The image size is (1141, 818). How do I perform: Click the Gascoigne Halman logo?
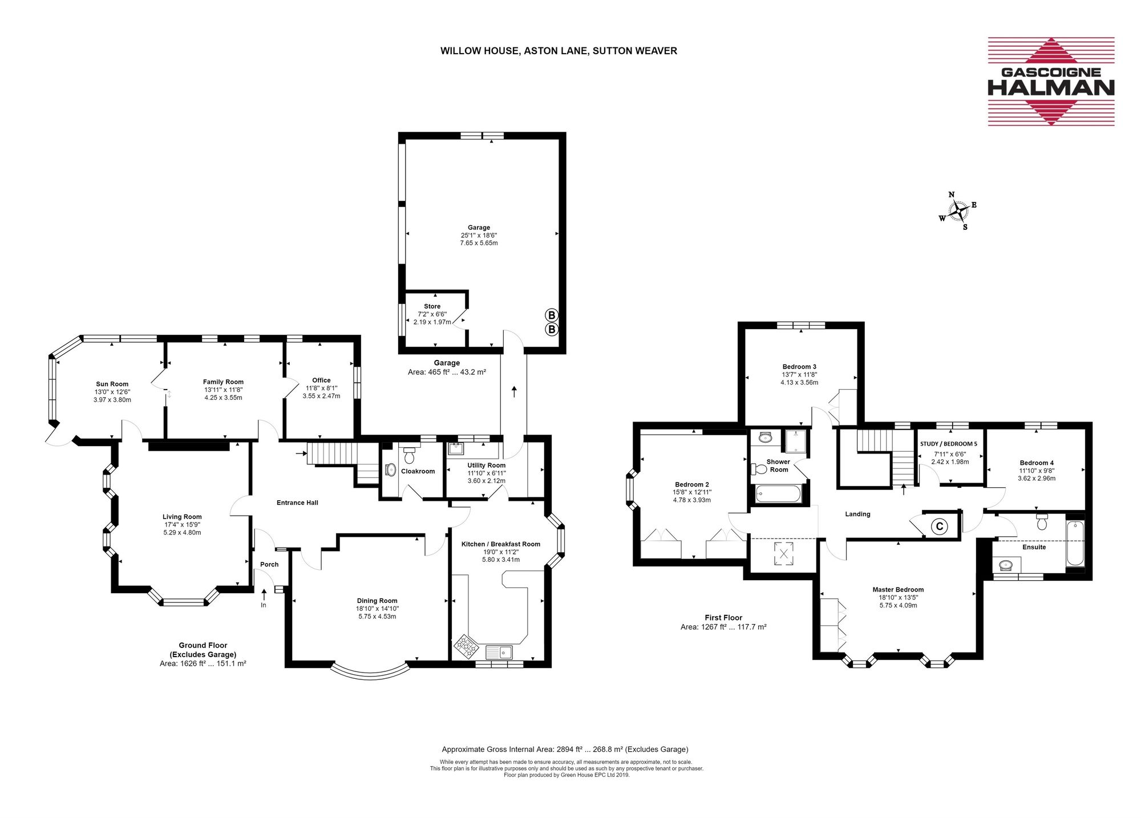click(1051, 82)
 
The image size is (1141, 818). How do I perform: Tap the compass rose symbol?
click(958, 212)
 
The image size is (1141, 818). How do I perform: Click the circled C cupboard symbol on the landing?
click(939, 527)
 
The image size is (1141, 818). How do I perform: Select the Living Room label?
click(182, 517)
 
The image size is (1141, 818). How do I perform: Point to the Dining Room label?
click(377, 601)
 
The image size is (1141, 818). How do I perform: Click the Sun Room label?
click(112, 384)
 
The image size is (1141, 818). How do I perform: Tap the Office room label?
click(321, 380)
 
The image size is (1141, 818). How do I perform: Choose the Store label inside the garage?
click(432, 306)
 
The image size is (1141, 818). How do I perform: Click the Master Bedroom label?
click(898, 590)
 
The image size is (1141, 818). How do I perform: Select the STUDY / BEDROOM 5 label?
click(949, 444)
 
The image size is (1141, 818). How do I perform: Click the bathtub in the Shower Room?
click(779, 494)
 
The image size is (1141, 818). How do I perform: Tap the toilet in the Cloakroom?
click(409, 455)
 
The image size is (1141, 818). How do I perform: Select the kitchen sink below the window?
click(500, 651)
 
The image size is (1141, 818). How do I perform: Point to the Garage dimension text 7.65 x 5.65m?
click(479, 243)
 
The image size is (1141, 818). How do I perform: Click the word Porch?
click(269, 565)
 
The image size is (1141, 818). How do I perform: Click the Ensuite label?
click(1034, 547)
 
